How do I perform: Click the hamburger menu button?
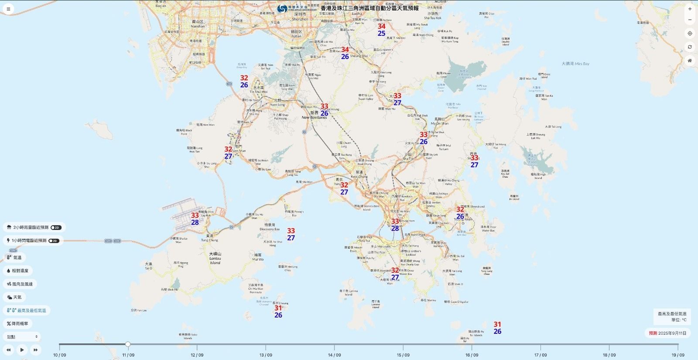[x=8, y=9]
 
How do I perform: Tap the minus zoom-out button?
[x=690, y=20]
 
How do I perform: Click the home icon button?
[x=690, y=61]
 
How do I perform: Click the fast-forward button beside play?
[x=35, y=350]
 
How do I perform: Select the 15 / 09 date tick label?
[x=403, y=355]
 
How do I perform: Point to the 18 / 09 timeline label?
[x=609, y=355]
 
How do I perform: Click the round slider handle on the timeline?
[x=128, y=344]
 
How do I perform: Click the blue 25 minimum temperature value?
[x=382, y=34]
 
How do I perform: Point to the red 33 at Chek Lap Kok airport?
[x=195, y=216]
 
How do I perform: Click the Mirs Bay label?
[x=575, y=64]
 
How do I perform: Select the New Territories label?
[x=314, y=117]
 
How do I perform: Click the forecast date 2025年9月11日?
[x=672, y=333]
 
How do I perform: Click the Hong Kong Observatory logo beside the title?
[x=282, y=8]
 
